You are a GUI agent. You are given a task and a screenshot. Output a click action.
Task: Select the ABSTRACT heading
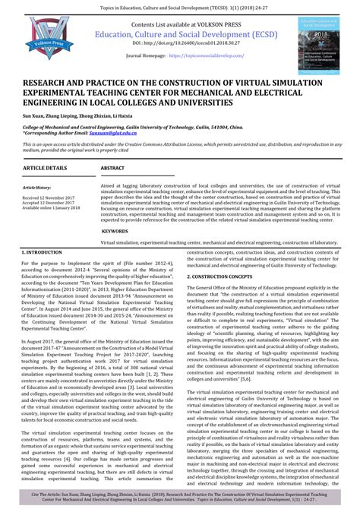coord(112,166)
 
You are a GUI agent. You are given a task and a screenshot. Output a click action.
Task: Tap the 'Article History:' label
coord(36,187)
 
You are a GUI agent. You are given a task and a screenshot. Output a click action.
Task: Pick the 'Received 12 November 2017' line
coord(52,195)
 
